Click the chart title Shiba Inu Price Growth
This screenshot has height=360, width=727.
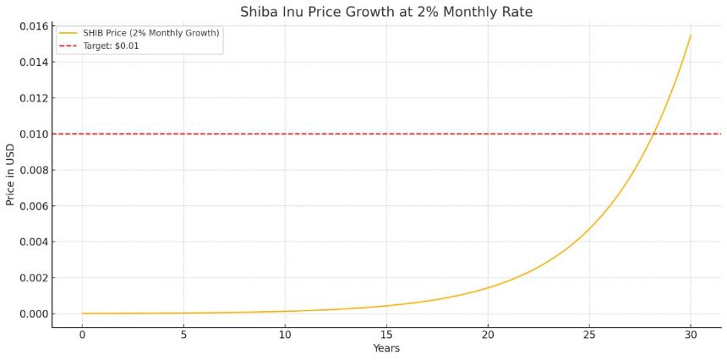(x=386, y=12)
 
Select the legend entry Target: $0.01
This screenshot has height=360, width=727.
(x=111, y=46)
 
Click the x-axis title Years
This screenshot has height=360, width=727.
(x=386, y=348)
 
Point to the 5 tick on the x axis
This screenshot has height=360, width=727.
(x=183, y=334)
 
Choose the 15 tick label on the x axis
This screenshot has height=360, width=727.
(x=386, y=334)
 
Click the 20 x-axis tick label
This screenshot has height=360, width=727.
(x=488, y=334)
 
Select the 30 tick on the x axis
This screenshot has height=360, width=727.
(x=691, y=334)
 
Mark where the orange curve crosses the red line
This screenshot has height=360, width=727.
(x=653, y=134)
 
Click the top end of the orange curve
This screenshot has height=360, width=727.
(x=691, y=35)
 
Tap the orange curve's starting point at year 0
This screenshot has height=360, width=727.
(x=83, y=314)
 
